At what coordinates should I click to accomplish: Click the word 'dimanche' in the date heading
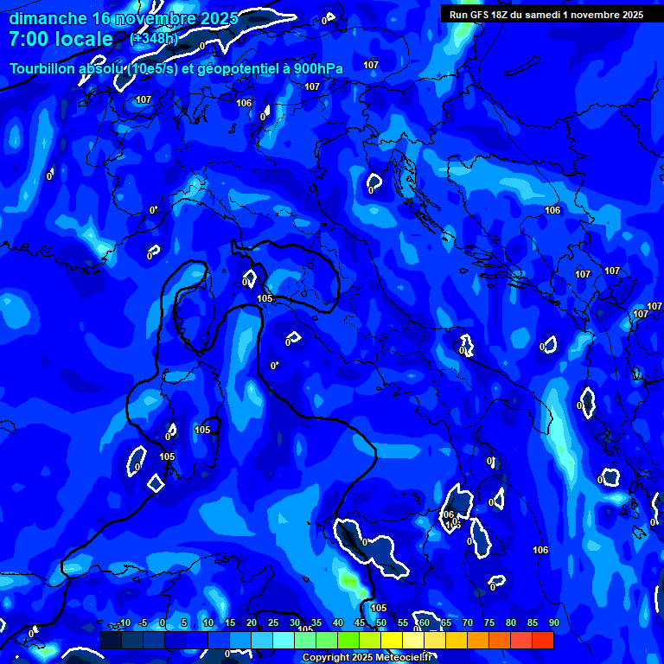[x=48, y=18]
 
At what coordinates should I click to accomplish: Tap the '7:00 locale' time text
[x=61, y=39]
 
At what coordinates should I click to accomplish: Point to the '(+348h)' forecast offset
[x=154, y=39]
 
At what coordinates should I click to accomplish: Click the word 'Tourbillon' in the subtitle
[x=42, y=68]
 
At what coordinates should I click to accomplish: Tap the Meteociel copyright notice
[x=367, y=658]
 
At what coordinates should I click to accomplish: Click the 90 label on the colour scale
[x=553, y=622]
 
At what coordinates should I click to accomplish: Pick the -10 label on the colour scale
[x=124, y=622]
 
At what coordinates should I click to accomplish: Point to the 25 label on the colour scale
[x=273, y=622]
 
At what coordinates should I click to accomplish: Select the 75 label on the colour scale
[x=489, y=622]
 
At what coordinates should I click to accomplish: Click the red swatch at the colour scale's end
[x=543, y=640]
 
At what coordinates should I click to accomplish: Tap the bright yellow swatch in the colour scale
[x=392, y=640]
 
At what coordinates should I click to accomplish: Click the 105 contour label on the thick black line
[x=265, y=298]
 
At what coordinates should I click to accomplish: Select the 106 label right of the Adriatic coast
[x=552, y=210]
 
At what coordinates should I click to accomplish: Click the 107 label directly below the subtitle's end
[x=312, y=86]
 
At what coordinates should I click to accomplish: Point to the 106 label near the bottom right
[x=541, y=550]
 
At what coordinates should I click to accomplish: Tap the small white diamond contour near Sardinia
[x=156, y=482]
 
